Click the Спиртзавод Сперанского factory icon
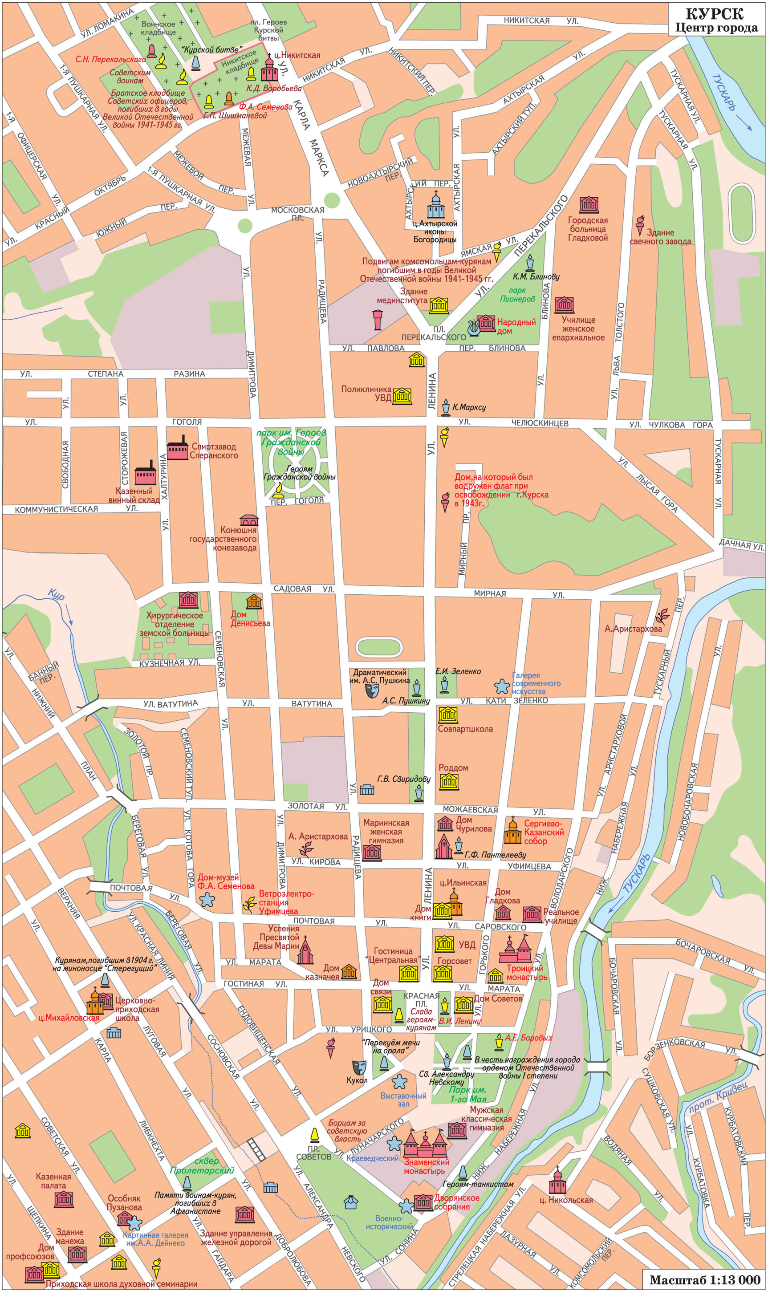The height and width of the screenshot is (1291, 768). (x=177, y=448)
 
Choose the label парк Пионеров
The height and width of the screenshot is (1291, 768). (x=517, y=294)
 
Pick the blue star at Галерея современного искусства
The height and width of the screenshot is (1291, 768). (x=501, y=686)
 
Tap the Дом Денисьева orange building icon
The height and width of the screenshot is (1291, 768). (x=254, y=601)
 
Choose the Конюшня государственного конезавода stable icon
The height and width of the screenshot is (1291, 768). (x=249, y=520)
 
